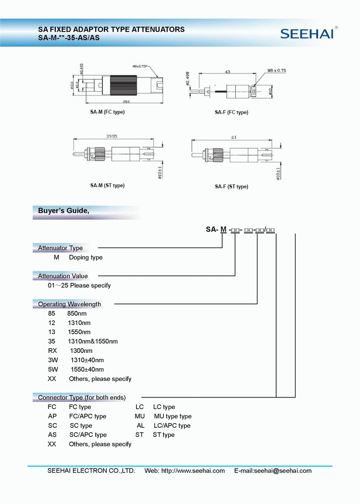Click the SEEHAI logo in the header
(x=308, y=34)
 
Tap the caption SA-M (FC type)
(x=107, y=112)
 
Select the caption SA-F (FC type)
(x=231, y=112)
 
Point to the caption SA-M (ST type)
(x=107, y=185)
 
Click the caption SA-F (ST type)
(x=231, y=186)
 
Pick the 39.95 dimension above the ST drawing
(x=112, y=136)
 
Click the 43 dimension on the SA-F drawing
(x=228, y=72)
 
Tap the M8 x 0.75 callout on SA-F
(x=276, y=71)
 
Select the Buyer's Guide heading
(x=64, y=211)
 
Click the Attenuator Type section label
(x=60, y=248)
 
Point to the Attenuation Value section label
(x=63, y=276)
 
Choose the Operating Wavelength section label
(x=69, y=304)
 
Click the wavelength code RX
(x=53, y=351)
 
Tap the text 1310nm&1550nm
(x=93, y=341)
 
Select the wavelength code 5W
(x=53, y=369)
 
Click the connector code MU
(x=140, y=416)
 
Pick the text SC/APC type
(x=88, y=435)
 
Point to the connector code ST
(x=139, y=435)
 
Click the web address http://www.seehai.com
(x=193, y=471)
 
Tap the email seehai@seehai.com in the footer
(x=283, y=471)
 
